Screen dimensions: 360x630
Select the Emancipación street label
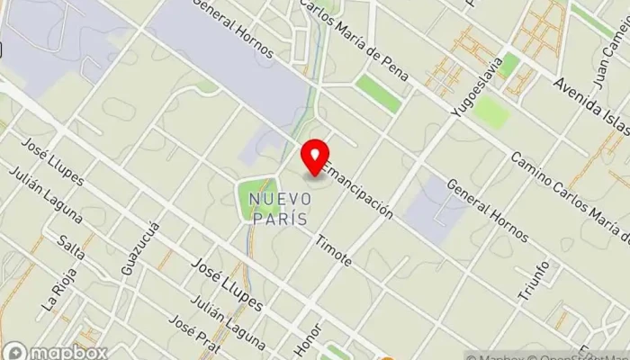pyautogui.click(x=358, y=190)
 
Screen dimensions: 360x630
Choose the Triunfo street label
pyautogui.click(x=534, y=279)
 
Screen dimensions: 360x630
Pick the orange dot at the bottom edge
pyautogui.click(x=388, y=357)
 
